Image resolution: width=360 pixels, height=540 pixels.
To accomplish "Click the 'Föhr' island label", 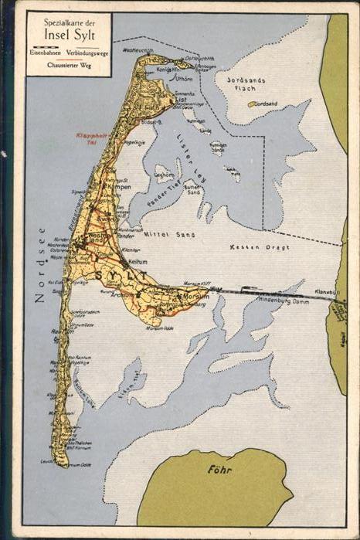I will (220, 469).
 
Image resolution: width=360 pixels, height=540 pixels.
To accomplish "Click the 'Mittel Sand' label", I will (173, 234).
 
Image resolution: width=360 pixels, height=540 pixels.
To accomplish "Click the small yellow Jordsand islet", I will (252, 104).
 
